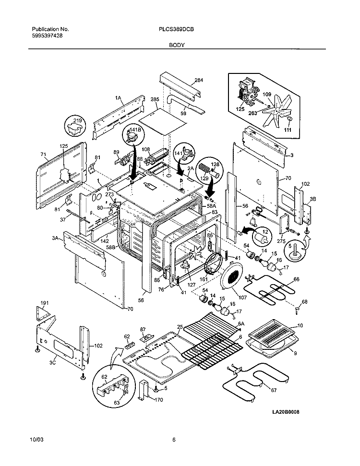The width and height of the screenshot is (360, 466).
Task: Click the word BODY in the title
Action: click(x=175, y=45)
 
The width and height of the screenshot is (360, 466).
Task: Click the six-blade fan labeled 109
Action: click(x=276, y=109)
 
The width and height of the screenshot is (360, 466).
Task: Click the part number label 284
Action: click(x=199, y=80)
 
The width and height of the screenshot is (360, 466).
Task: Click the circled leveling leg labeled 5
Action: click(x=290, y=250)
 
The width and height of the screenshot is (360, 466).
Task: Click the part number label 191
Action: click(x=45, y=304)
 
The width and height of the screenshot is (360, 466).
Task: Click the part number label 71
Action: click(x=43, y=155)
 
